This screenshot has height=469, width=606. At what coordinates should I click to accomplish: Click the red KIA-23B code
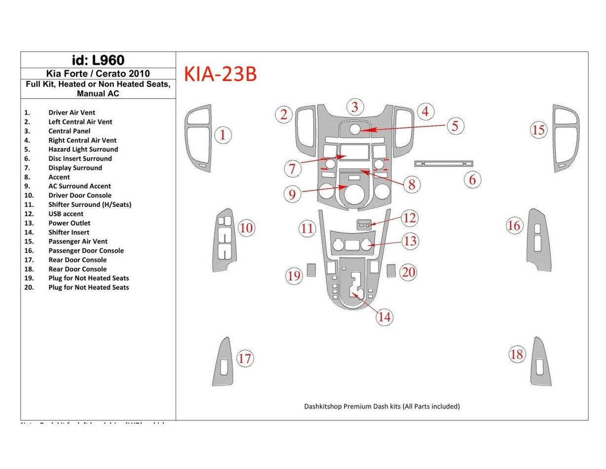220,74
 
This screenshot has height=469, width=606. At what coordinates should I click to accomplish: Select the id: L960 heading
98,60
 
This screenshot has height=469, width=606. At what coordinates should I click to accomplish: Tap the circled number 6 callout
472,180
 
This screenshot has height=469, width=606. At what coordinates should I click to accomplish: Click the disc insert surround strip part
444,163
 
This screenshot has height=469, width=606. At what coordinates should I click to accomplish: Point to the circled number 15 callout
538,130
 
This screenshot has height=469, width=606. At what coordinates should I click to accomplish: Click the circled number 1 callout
223,135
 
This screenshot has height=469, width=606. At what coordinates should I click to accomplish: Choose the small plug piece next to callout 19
311,270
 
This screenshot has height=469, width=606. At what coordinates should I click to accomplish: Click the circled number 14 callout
384,317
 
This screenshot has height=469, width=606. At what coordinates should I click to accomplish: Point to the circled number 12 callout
409,218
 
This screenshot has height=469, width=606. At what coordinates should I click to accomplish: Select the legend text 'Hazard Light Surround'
83,150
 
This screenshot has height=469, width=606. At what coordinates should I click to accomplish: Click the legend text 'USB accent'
66,214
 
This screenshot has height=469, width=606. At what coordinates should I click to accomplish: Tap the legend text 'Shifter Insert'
69,233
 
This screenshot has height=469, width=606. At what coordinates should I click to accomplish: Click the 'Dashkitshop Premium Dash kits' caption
381,406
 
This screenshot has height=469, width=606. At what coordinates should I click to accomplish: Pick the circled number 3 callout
354,107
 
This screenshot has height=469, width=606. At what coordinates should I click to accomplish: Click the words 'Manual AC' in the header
98,93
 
